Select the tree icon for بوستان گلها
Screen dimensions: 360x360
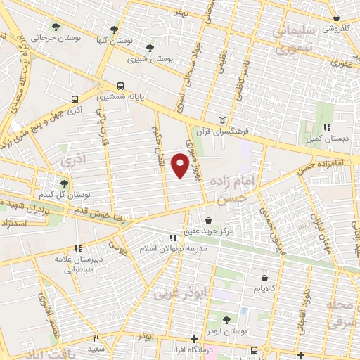115,29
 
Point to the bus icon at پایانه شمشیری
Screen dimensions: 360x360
120,86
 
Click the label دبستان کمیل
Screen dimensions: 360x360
327,138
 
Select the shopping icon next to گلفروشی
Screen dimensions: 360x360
337,18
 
